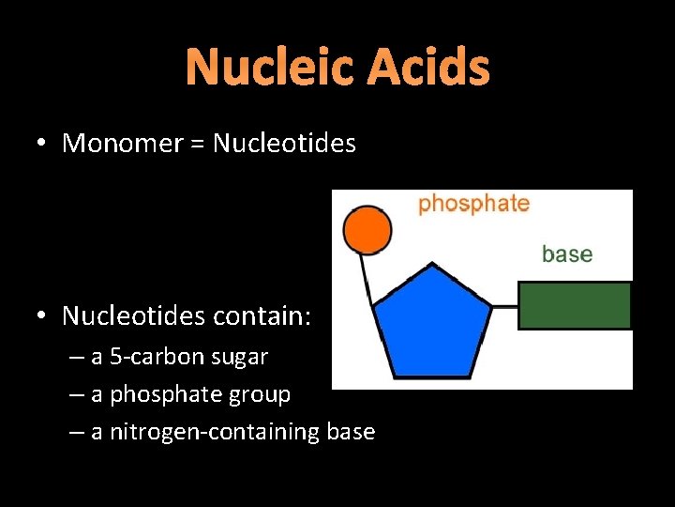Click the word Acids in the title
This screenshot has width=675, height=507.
pos(428,68)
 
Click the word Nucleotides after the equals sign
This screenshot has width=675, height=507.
pos(284,144)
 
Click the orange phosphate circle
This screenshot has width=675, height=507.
pos(367,231)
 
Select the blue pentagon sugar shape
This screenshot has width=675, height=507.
pos(432,323)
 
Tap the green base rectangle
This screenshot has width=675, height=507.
pos(575,305)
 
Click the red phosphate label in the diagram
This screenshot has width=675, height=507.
pos(473,204)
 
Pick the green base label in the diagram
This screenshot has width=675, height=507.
pos(567,253)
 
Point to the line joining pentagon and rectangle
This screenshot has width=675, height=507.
pos(505,306)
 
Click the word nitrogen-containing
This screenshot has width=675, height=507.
pos(215,432)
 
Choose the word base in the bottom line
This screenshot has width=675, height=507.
pos(351,432)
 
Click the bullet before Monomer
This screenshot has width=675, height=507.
pos(43,145)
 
